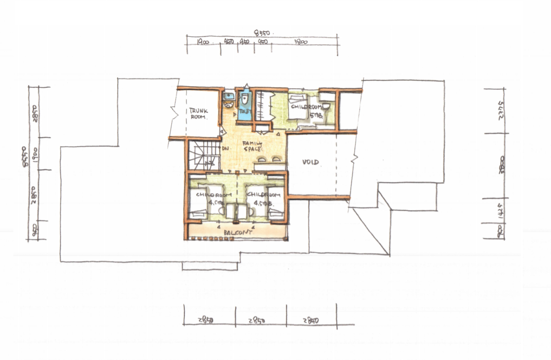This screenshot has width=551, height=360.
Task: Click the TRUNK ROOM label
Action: [199, 114]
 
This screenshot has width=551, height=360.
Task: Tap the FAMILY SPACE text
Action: [253, 147]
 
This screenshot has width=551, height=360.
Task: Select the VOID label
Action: [311, 162]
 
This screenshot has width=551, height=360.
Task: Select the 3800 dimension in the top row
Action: [301, 42]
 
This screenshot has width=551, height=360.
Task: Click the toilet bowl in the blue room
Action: [244, 99]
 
